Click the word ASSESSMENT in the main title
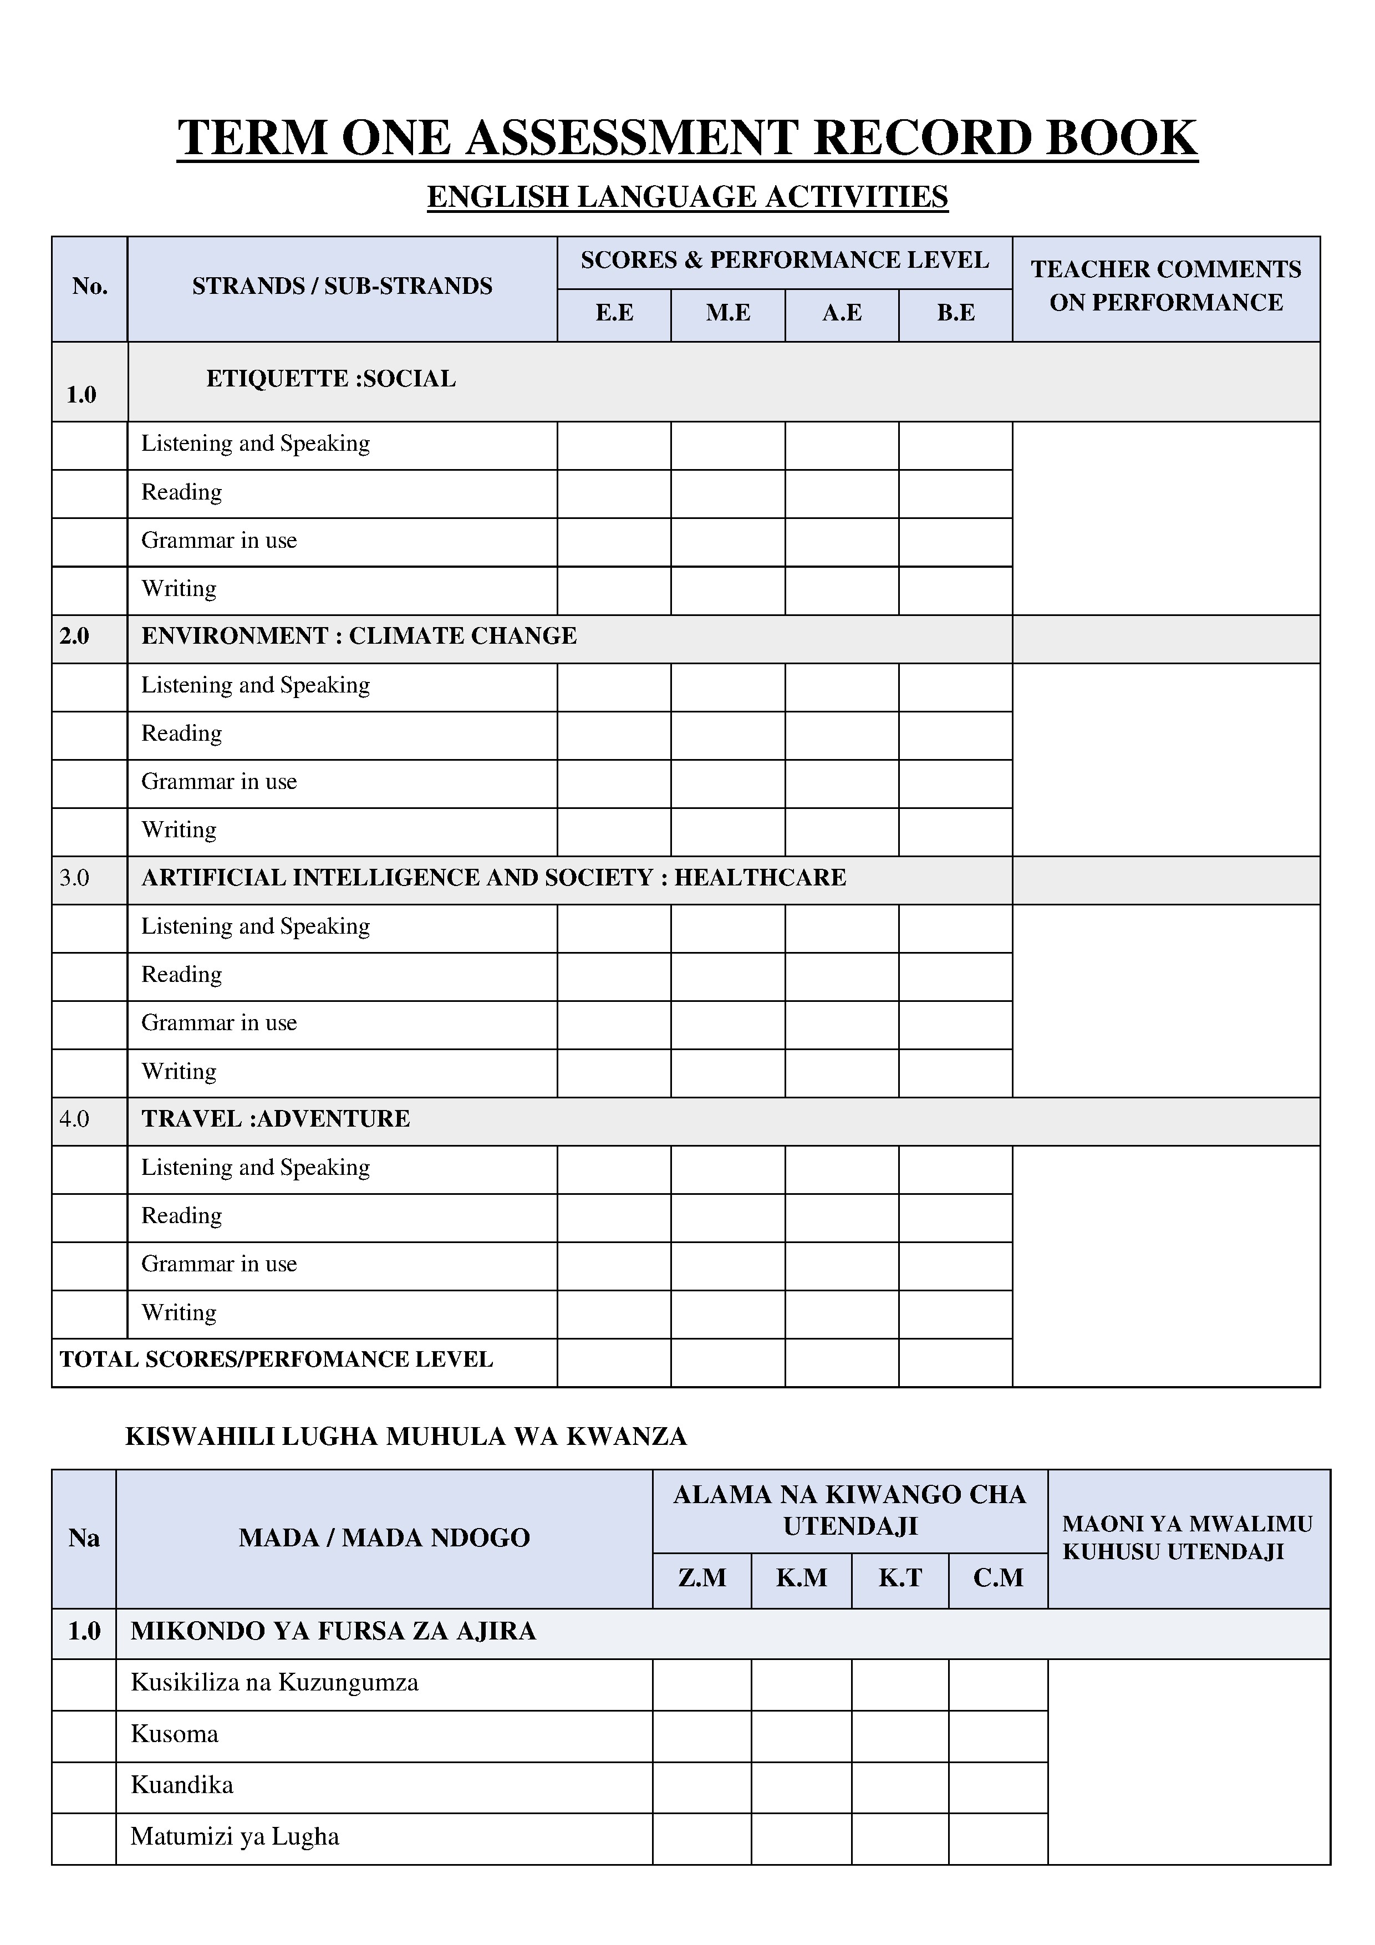pyautogui.click(x=631, y=138)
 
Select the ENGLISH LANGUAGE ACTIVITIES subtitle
pyautogui.click(x=687, y=196)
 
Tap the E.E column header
pyautogui.click(x=614, y=313)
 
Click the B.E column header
pyautogui.click(x=956, y=313)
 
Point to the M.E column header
pyautogui.click(x=728, y=313)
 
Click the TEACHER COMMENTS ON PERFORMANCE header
pyautogui.click(x=1166, y=286)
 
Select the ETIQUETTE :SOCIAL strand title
pyautogui.click(x=330, y=379)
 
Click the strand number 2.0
pyautogui.click(x=74, y=636)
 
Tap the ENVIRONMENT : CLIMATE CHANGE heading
pyautogui.click(x=358, y=636)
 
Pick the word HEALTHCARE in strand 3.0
pyautogui.click(x=760, y=878)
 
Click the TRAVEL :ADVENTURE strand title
pyautogui.click(x=276, y=1119)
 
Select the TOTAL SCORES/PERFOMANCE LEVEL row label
pyautogui.click(x=276, y=1360)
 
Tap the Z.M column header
pyautogui.click(x=702, y=1577)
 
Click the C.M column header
pyautogui.click(x=998, y=1577)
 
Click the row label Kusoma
pyautogui.click(x=175, y=1734)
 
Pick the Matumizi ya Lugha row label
pyautogui.click(x=235, y=1836)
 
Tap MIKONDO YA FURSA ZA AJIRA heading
pyautogui.click(x=333, y=1631)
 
